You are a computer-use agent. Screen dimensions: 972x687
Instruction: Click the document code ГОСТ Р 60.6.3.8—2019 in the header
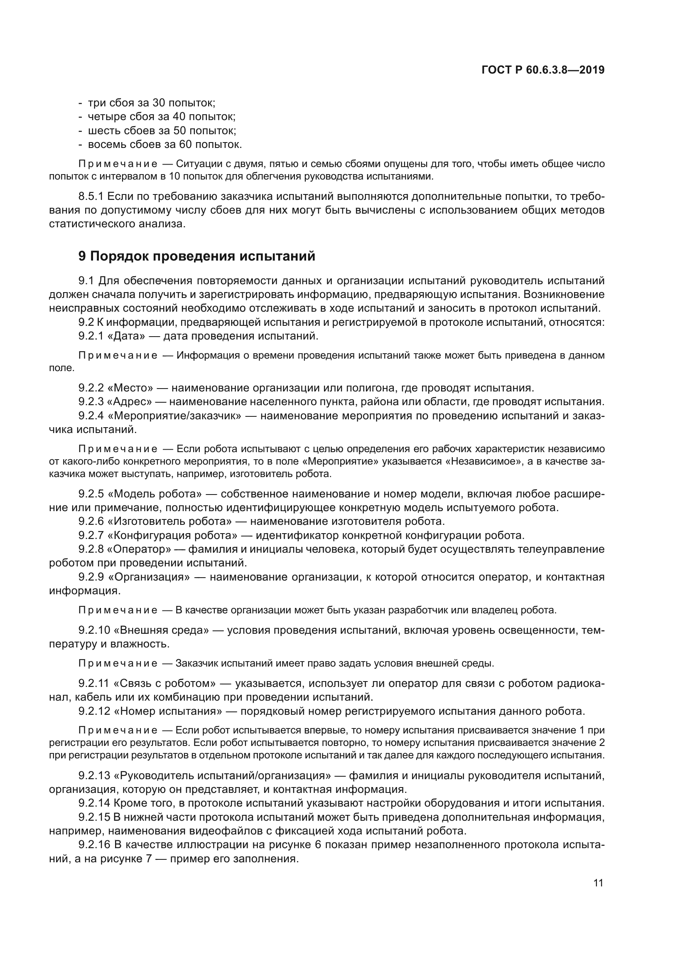pos(543,70)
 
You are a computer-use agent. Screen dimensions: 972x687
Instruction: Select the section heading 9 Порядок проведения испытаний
pos(197,256)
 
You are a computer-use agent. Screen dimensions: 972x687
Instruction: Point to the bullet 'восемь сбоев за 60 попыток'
pos(164,144)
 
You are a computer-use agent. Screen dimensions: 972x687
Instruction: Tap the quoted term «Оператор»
pos(139,549)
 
